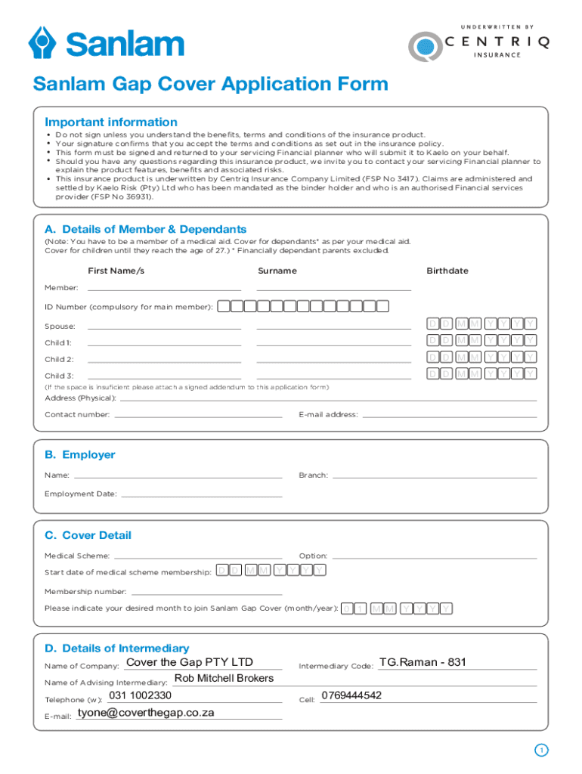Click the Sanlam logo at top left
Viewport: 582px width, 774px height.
click(x=106, y=42)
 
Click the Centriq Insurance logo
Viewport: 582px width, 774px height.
click(x=478, y=44)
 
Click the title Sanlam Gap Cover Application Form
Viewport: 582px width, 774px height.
click(x=210, y=84)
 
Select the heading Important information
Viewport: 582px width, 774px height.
click(x=111, y=122)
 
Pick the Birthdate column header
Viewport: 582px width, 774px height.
click(x=447, y=271)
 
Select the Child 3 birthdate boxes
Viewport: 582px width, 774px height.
click(x=481, y=373)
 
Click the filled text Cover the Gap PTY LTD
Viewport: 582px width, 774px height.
click(x=190, y=663)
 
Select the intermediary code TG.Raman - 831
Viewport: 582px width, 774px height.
click(x=423, y=663)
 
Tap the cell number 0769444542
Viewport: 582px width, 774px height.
click(x=351, y=695)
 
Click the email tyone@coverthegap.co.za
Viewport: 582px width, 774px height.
click(x=146, y=712)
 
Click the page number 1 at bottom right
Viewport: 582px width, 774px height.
click(x=540, y=750)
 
